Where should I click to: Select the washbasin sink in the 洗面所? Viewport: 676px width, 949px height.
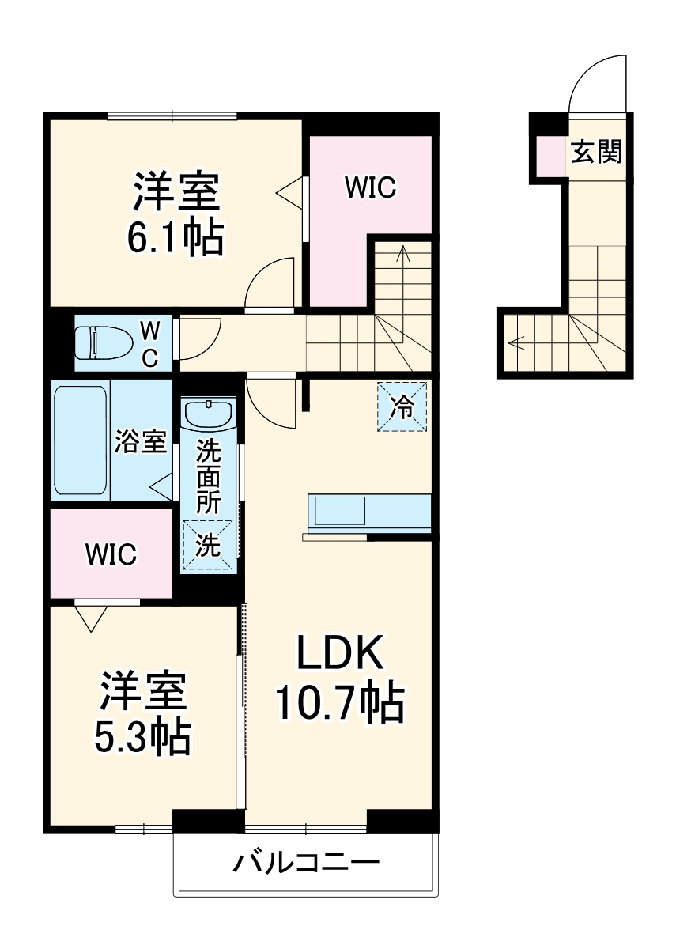point(208,413)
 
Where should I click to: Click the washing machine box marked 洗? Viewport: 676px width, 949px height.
point(208,546)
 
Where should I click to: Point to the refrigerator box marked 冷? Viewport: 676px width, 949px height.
point(402,407)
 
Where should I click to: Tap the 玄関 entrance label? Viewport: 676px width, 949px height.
point(597,152)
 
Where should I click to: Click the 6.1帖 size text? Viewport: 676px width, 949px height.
point(176,236)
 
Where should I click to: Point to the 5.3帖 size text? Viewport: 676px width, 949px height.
point(143,735)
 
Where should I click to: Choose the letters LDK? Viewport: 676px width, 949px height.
point(340,655)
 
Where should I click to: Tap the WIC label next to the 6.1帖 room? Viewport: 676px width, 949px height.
point(369,188)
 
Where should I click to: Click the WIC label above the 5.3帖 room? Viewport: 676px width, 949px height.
point(111,554)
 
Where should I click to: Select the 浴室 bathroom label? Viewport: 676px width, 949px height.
point(141,442)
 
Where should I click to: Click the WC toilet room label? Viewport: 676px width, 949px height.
point(149,342)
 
